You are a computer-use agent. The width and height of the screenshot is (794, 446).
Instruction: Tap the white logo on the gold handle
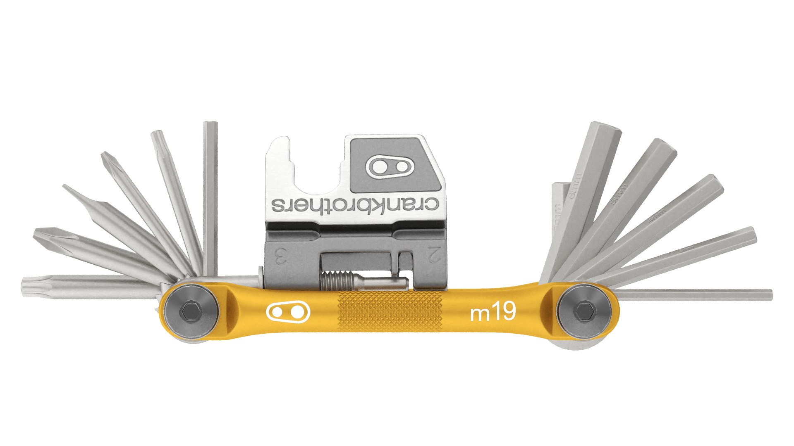[289, 313]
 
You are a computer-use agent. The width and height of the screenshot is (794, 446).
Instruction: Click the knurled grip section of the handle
[390, 312]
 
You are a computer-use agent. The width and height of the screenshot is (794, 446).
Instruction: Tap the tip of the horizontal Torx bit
[27, 285]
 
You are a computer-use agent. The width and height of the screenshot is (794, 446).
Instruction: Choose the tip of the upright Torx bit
[158, 136]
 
